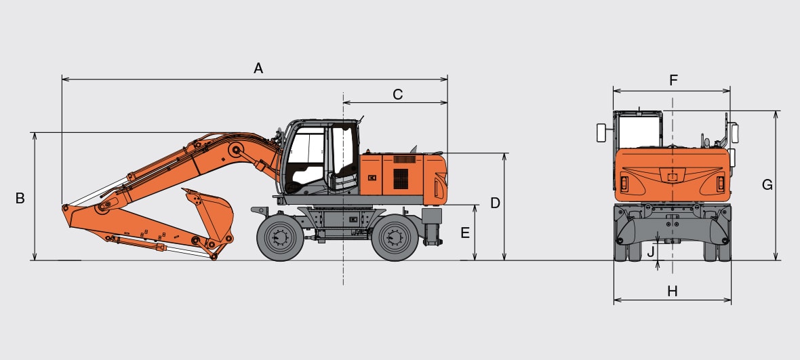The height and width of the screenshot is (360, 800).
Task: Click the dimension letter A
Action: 258,68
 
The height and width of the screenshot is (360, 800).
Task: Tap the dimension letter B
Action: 20,199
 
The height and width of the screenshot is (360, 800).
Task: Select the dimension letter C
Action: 397,94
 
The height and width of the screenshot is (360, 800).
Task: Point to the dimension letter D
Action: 495,203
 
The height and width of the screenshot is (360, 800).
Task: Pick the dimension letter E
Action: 465,233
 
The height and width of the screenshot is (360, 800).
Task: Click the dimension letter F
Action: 673,80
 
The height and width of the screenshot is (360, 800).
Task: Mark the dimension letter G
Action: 767,184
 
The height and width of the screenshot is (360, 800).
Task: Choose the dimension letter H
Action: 673,291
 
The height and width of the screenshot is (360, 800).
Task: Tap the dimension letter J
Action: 651,252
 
